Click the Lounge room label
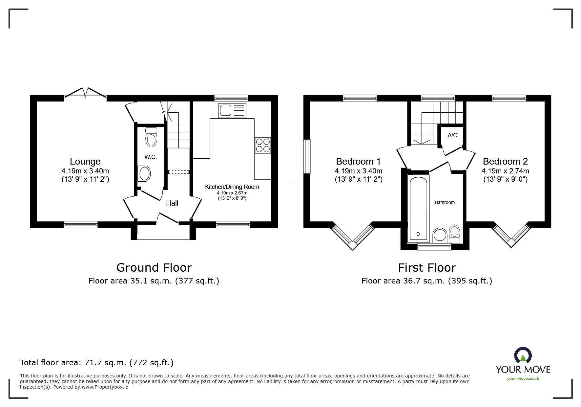coord(85,161)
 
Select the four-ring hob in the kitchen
coord(263,145)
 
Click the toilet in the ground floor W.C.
coord(151,137)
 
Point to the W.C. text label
coord(151,157)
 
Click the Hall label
coord(172,203)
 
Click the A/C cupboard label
coord(452,135)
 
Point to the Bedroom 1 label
coord(358,161)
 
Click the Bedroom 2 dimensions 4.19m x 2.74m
coord(505,171)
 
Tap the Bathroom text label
coord(445,202)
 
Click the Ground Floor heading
coord(154,268)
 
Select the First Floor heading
coord(426,268)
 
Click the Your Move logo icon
coord(523,356)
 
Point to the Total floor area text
coord(97,363)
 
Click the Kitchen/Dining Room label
coord(232,187)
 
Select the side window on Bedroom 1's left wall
coord(307,156)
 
